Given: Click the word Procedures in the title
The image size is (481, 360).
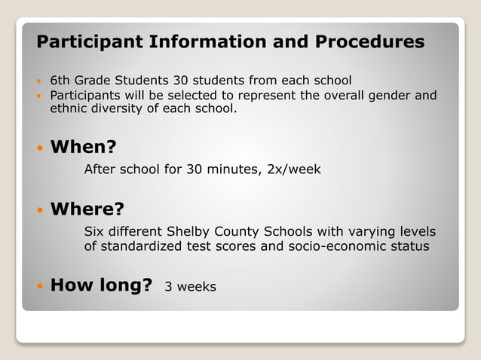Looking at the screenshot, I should click(369, 42).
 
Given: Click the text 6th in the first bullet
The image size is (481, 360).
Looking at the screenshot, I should click(60, 80).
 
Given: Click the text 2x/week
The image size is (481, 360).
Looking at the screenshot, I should click(294, 169).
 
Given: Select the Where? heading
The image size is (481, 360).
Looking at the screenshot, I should click(87, 209).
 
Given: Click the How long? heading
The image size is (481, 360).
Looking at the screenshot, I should click(101, 285).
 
